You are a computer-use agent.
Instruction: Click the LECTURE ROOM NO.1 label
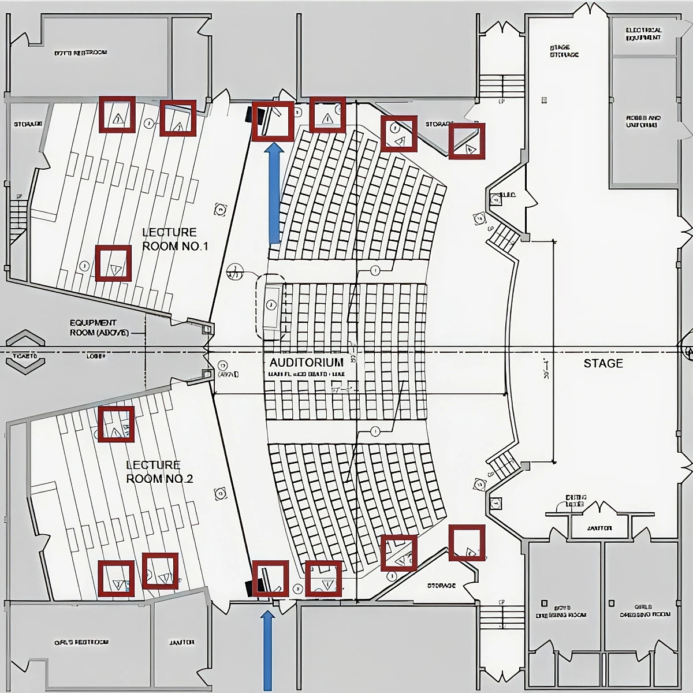point(174,239)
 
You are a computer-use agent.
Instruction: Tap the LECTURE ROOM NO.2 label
point(159,472)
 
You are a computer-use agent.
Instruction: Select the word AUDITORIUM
point(306,362)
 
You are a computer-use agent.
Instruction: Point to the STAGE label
point(603,363)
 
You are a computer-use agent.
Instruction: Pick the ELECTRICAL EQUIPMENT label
point(643,33)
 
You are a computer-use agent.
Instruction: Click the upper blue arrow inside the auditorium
point(275,193)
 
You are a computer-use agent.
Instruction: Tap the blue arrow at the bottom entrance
point(267,650)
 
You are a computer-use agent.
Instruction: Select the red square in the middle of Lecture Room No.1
point(113,263)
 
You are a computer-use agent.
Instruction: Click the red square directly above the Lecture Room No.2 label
point(116,424)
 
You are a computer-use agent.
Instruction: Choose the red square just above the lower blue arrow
point(270,578)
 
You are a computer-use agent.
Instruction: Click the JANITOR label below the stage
point(599,528)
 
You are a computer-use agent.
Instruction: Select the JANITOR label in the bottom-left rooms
point(182,642)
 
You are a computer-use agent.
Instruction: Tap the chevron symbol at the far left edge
point(25,349)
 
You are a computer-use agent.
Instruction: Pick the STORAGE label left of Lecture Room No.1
point(28,124)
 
